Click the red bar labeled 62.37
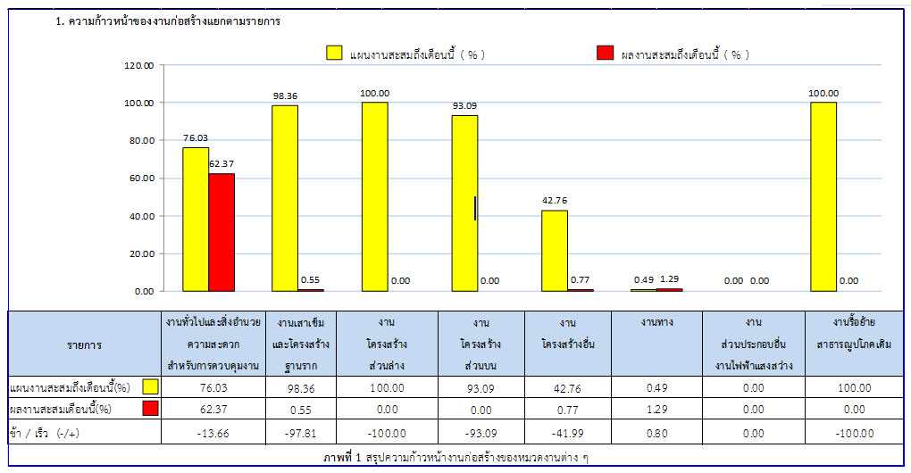(221, 232)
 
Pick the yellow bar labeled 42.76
(555, 251)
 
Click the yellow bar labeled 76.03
(196, 219)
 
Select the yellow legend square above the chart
(335, 54)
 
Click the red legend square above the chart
(605, 54)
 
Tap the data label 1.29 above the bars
(669, 279)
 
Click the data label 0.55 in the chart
(310, 279)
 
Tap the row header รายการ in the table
(84, 344)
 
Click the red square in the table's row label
(150, 409)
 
